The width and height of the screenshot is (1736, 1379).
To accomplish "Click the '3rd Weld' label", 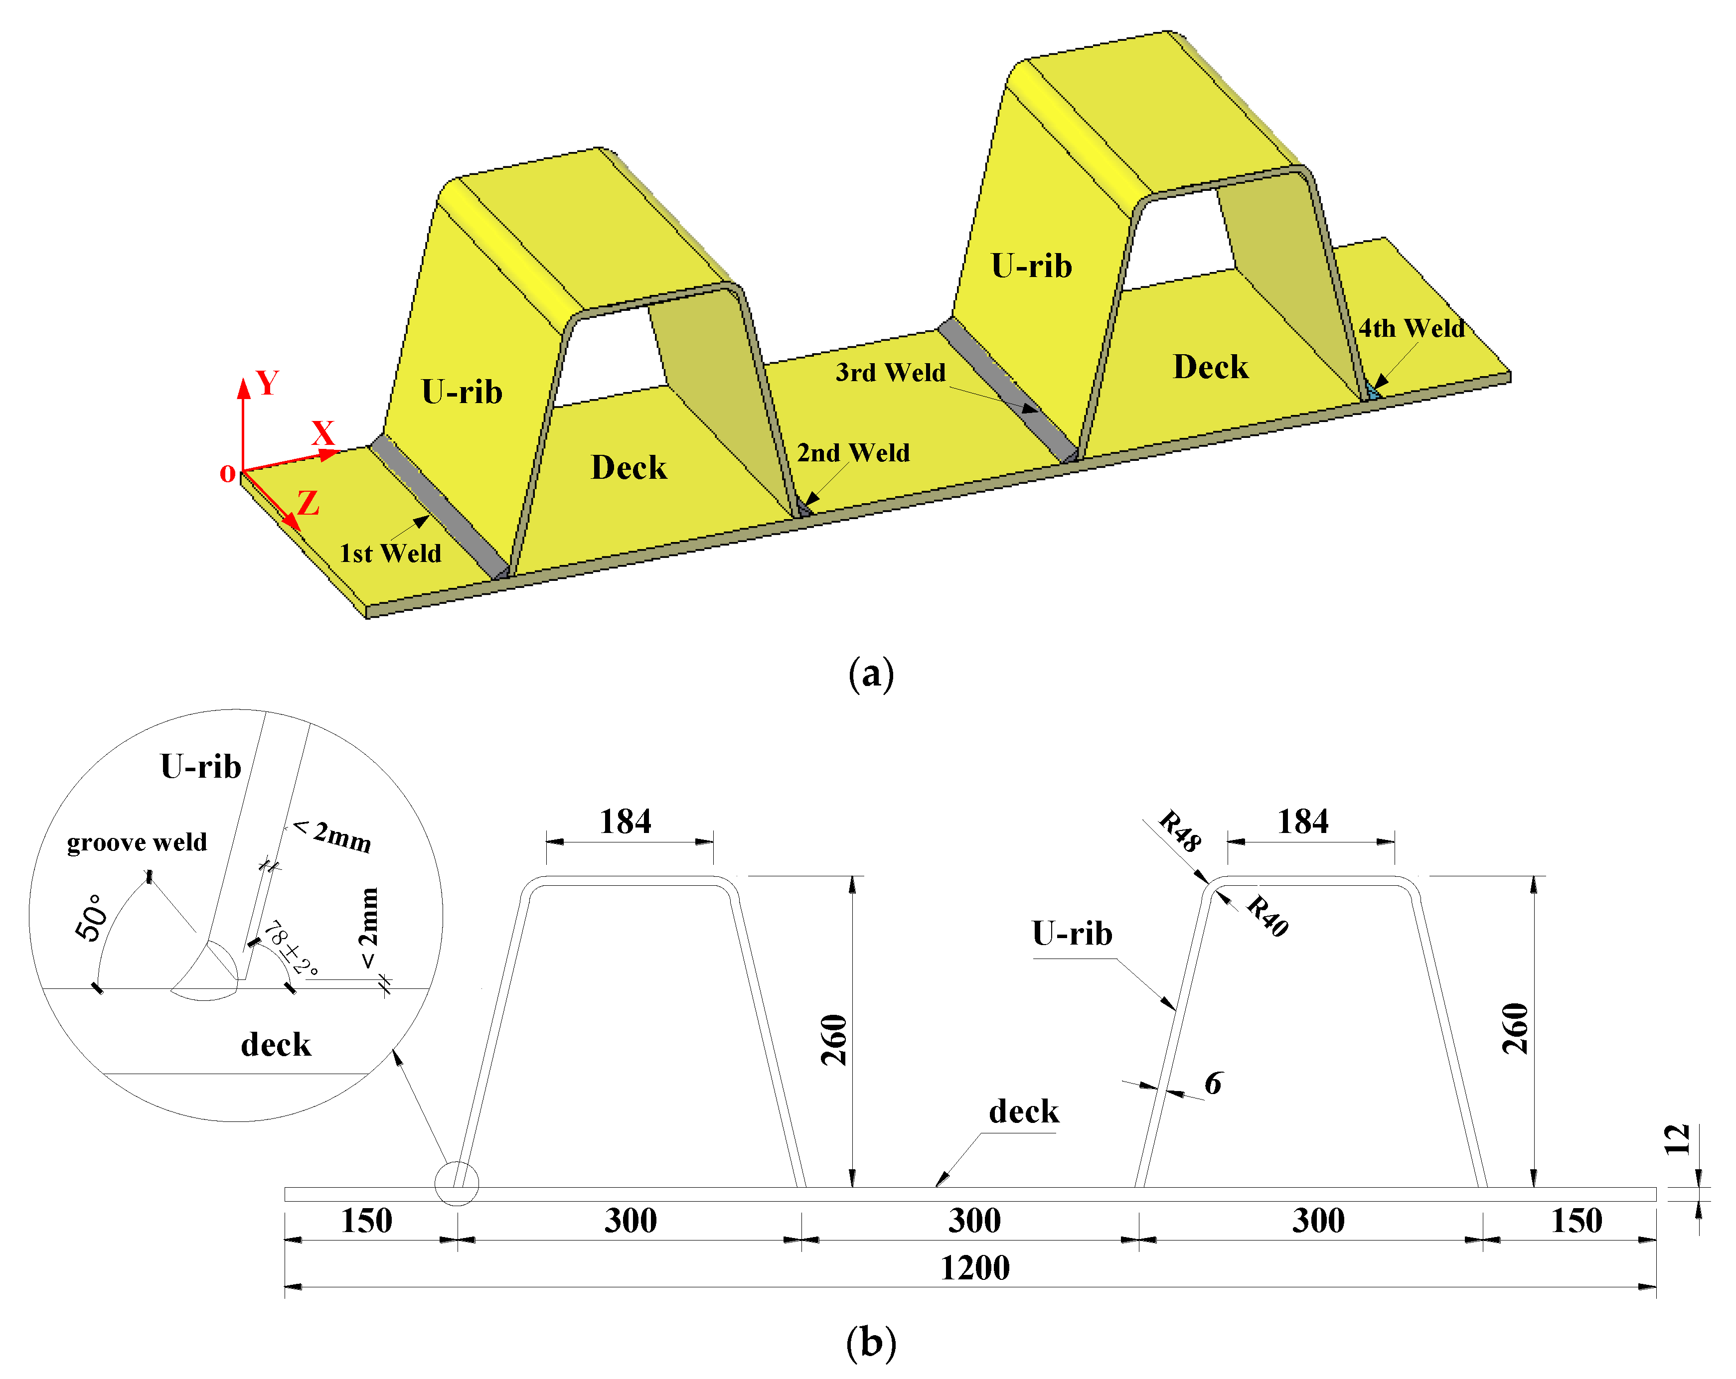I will (x=891, y=372).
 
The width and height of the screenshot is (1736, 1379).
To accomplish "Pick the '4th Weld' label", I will (x=1412, y=328).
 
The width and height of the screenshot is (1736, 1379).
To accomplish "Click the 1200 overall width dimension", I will (x=974, y=1268).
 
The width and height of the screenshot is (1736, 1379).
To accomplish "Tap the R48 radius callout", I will (x=1180, y=831).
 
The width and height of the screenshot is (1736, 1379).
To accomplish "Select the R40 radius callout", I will (x=1267, y=916).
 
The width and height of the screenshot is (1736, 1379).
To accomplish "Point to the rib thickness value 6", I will (x=1213, y=1084).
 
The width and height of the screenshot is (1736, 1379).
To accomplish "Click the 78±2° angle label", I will (x=291, y=949).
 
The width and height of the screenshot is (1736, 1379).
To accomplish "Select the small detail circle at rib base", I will (x=457, y=1183).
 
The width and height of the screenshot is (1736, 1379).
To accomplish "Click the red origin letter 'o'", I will (x=228, y=473).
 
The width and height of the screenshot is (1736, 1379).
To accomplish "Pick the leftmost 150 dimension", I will (x=366, y=1221).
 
